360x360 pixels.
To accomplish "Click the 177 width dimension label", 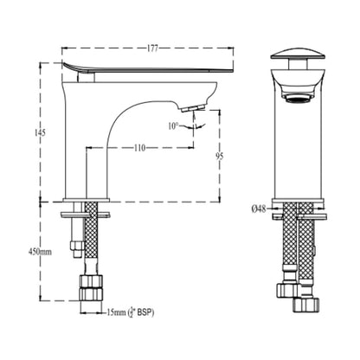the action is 152,48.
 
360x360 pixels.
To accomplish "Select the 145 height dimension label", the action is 40,133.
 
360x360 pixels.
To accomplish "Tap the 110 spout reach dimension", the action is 139,148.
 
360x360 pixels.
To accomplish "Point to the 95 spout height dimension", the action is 219,156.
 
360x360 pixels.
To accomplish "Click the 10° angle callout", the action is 174,126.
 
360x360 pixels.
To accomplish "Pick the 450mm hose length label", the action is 40,252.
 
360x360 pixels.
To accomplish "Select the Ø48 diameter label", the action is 259,209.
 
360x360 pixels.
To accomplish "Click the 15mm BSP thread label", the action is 131,312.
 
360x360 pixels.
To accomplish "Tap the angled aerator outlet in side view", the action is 193,108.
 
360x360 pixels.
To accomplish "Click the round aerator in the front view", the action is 298,99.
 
